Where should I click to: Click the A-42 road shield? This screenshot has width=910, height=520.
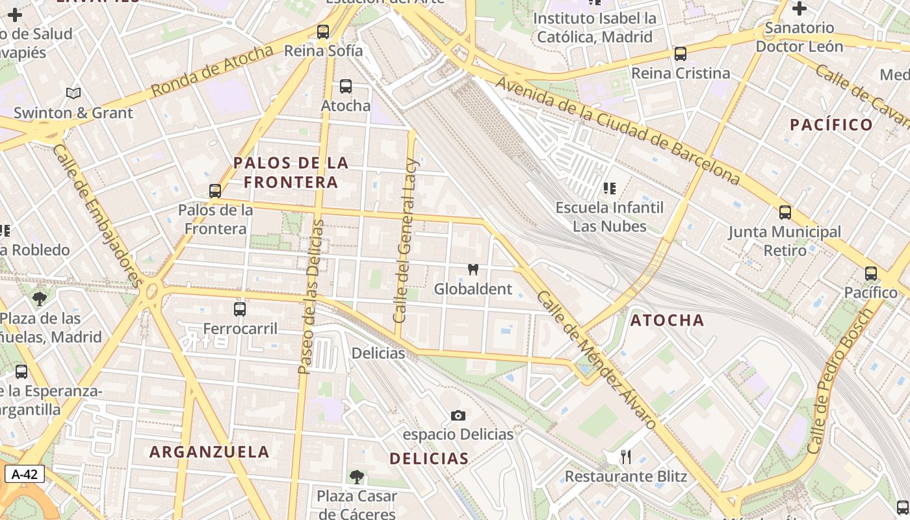[x=25, y=474]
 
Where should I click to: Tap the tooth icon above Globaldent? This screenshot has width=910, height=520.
[x=473, y=269]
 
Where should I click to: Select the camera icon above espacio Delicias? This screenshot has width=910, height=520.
[x=458, y=415]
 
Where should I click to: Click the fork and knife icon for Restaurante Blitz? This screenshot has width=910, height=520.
[x=625, y=457]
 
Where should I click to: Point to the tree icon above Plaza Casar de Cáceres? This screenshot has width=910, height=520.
[x=356, y=477]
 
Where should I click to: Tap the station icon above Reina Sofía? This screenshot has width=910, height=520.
[x=323, y=32]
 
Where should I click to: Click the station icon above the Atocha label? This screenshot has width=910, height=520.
[x=346, y=86]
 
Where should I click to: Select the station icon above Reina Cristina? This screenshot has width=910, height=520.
[x=681, y=54]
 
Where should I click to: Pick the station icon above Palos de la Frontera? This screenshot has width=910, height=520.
[x=215, y=191]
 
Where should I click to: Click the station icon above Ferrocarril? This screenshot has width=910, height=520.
[x=240, y=309]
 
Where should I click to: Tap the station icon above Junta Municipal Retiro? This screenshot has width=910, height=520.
[x=785, y=213]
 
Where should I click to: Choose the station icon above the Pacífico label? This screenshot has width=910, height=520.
[x=871, y=274]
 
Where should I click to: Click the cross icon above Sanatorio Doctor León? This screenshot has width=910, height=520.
[x=799, y=9]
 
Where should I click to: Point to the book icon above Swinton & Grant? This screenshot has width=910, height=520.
[x=73, y=94]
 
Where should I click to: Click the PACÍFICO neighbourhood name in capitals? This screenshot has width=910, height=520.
[x=831, y=125]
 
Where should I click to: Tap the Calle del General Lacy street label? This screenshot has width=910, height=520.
[x=406, y=240]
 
